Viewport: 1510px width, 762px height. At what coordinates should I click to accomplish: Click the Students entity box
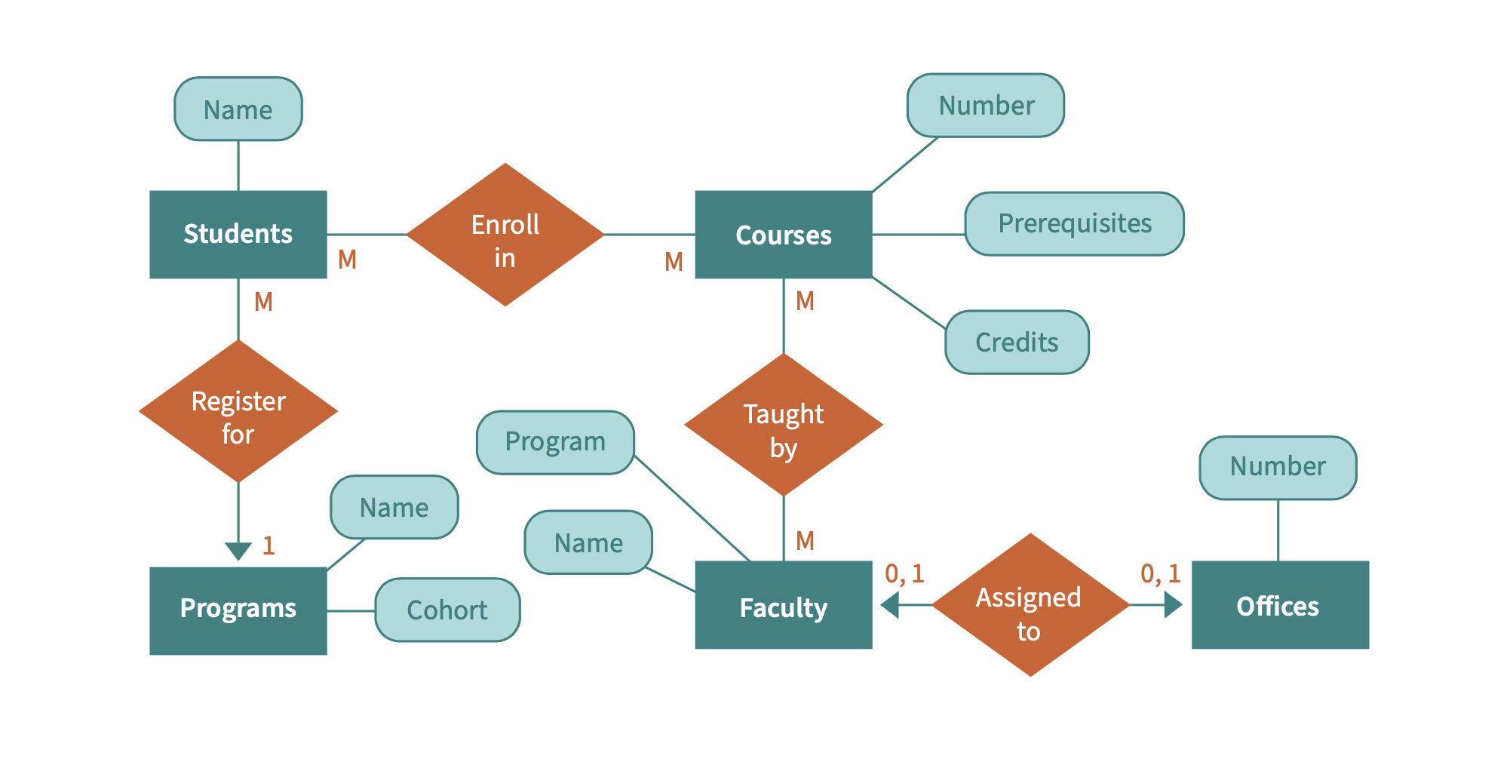click(x=238, y=235)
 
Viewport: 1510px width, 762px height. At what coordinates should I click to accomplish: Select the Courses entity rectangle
click(x=783, y=235)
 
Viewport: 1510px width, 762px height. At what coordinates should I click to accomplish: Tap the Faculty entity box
click(x=783, y=605)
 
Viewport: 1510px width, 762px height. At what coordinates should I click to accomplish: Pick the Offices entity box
click(x=1279, y=605)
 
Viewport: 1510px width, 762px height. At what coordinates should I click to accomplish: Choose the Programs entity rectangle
click(x=238, y=610)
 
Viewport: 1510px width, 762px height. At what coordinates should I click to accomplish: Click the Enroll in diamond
click(x=505, y=235)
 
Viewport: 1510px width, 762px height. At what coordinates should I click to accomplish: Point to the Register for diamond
click(x=238, y=411)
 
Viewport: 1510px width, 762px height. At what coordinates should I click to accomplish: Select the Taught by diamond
click(x=783, y=425)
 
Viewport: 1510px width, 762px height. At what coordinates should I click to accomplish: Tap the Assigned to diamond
click(x=1030, y=605)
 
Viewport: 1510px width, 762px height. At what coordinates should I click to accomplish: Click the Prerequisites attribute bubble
click(x=1074, y=224)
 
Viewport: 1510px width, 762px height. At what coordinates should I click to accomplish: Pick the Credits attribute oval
click(x=1017, y=343)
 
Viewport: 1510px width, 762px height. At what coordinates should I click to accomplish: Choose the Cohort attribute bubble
click(x=447, y=610)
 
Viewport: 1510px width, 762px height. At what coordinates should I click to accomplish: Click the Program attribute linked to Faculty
click(x=555, y=442)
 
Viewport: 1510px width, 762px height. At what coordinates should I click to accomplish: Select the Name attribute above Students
click(x=238, y=109)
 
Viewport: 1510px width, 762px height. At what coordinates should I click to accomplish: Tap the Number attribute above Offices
click(x=1278, y=468)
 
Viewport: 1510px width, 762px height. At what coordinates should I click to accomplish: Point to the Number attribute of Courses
click(x=985, y=106)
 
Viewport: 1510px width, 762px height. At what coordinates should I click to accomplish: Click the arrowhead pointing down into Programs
click(x=238, y=552)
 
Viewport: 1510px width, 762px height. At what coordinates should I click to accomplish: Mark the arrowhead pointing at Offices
click(x=1173, y=605)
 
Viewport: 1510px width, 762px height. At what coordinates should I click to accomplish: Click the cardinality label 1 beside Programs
click(x=269, y=545)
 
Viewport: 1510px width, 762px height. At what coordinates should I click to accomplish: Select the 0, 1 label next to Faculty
click(x=904, y=574)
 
